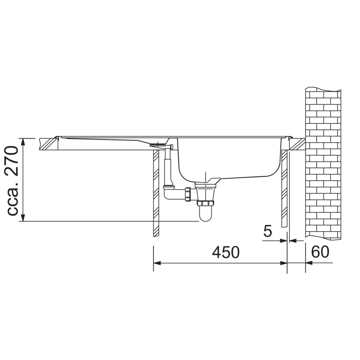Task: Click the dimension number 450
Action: click(x=225, y=252)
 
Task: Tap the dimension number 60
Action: click(x=320, y=252)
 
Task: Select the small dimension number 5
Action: click(x=267, y=231)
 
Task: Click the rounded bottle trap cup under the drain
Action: click(x=205, y=213)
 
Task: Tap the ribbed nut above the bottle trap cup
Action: click(x=205, y=203)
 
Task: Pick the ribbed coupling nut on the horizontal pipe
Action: click(x=188, y=194)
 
